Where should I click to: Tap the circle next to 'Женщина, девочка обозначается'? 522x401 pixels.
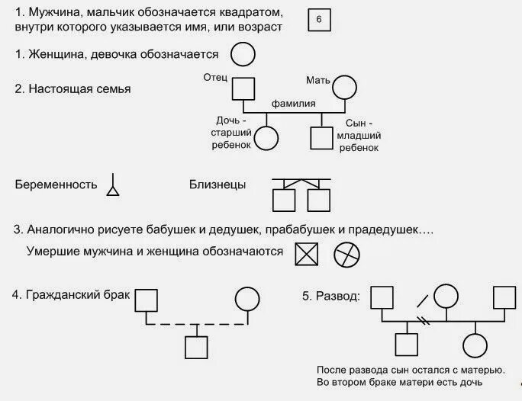pos(243,54)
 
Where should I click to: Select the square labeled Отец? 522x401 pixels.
pos(243,89)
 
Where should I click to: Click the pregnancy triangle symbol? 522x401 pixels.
pos(114,186)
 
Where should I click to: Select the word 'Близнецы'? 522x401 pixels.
pos(217,184)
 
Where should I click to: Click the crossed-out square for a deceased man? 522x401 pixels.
pos(306,254)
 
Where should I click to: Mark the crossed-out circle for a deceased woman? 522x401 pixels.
pos(347,254)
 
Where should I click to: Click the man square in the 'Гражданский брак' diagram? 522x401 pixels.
pos(147,300)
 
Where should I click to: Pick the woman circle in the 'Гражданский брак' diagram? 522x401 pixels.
pos(247,299)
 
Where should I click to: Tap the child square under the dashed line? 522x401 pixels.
pos(197,348)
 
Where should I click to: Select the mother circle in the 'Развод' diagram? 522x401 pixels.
pos(445,297)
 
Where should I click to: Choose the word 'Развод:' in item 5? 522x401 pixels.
pos(337,296)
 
